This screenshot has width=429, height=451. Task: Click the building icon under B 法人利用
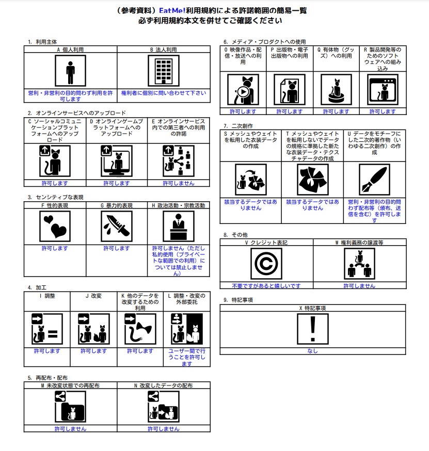pyautogui.click(x=164, y=71)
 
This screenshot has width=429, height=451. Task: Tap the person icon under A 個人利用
pyautogui.click(x=71, y=71)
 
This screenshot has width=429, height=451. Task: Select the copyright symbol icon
pyautogui.click(x=266, y=264)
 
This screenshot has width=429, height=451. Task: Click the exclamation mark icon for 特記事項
pyautogui.click(x=313, y=329)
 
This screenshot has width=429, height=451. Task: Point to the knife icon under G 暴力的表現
pyautogui.click(x=117, y=227)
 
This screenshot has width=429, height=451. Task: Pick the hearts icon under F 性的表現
pyautogui.click(x=55, y=227)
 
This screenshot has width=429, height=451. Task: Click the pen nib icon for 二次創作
pyautogui.click(x=374, y=180)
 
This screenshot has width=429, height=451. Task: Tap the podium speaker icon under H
pyautogui.click(x=179, y=227)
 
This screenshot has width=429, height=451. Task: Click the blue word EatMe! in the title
pyautogui.click(x=172, y=11)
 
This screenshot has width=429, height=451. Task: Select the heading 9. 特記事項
pyautogui.click(x=238, y=300)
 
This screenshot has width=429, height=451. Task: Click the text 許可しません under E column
pyautogui.click(x=179, y=183)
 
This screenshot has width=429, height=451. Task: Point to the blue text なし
pyautogui.click(x=313, y=351)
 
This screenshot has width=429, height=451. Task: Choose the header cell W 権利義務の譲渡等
pyautogui.click(x=359, y=243)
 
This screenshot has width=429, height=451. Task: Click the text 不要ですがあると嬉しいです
pyautogui.click(x=266, y=286)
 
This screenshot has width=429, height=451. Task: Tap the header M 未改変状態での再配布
pyautogui.click(x=70, y=385)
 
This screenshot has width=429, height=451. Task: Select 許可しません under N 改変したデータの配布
pyautogui.click(x=164, y=429)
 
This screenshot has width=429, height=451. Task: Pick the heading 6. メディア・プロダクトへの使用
pyautogui.click(x=265, y=42)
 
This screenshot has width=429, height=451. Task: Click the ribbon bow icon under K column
pyautogui.click(x=140, y=329)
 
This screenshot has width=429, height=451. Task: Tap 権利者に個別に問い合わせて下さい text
pyautogui.click(x=164, y=93)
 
